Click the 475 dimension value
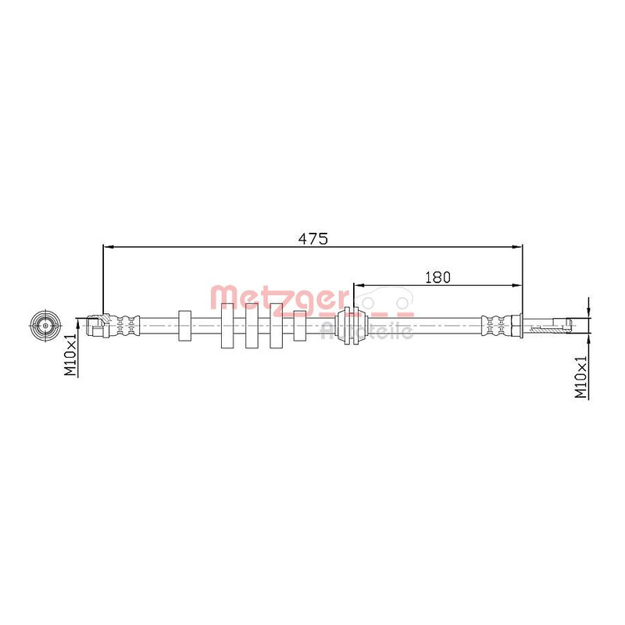pyautogui.click(x=313, y=239)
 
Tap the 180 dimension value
pyautogui.click(x=437, y=277)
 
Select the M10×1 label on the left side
pyautogui.click(x=70, y=355)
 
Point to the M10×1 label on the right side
pyautogui.click(x=580, y=377)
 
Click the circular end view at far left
pyautogui.click(x=45, y=325)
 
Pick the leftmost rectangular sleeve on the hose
pyautogui.click(x=184, y=326)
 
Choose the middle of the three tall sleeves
pyautogui.click(x=252, y=326)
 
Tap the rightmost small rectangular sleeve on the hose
pyautogui.click(x=300, y=326)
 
